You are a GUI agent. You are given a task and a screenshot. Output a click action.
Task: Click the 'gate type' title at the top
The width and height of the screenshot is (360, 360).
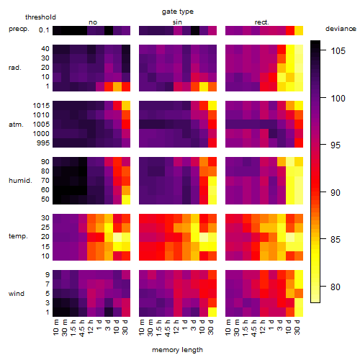tap(178, 12)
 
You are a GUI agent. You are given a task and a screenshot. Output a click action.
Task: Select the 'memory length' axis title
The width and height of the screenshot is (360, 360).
tap(177, 350)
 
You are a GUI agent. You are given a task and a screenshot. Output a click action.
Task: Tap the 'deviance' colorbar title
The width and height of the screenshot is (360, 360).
tap(341, 29)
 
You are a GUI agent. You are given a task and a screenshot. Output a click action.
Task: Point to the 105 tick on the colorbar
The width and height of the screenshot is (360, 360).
tap(338, 50)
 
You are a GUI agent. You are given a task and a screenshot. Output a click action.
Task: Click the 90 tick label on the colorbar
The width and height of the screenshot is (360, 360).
tap(336, 192)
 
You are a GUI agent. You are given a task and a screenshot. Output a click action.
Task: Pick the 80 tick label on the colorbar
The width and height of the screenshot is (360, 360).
tap(336, 287)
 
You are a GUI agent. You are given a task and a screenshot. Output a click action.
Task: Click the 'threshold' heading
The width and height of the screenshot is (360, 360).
tap(40, 17)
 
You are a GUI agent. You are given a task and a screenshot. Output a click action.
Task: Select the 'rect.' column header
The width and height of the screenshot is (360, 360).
tap(261, 22)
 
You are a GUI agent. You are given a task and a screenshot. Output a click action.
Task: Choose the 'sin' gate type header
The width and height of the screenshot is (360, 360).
tap(177, 22)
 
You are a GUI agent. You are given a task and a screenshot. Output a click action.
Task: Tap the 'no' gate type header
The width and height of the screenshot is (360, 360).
tap(93, 22)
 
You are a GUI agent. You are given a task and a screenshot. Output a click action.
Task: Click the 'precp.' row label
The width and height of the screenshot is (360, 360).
tap(19, 29)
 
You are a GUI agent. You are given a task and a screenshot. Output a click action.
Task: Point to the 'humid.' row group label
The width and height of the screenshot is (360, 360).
tap(20, 180)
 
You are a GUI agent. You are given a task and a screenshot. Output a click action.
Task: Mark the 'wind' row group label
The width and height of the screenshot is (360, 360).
tap(17, 294)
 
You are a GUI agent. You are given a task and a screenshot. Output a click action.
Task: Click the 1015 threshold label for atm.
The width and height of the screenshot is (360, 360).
tap(41, 106)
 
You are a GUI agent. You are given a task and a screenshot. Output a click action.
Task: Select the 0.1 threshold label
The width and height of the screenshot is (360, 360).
tap(44, 30)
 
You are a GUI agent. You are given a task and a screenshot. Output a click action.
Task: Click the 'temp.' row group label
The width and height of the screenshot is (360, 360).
tap(18, 236)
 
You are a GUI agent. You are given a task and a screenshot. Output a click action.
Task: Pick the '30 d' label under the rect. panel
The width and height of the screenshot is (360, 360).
tap(297, 327)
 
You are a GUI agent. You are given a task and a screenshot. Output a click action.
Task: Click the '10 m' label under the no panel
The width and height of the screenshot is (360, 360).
tap(57, 328)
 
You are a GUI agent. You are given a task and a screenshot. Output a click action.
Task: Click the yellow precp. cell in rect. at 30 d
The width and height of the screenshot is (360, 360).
tap(299, 30)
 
